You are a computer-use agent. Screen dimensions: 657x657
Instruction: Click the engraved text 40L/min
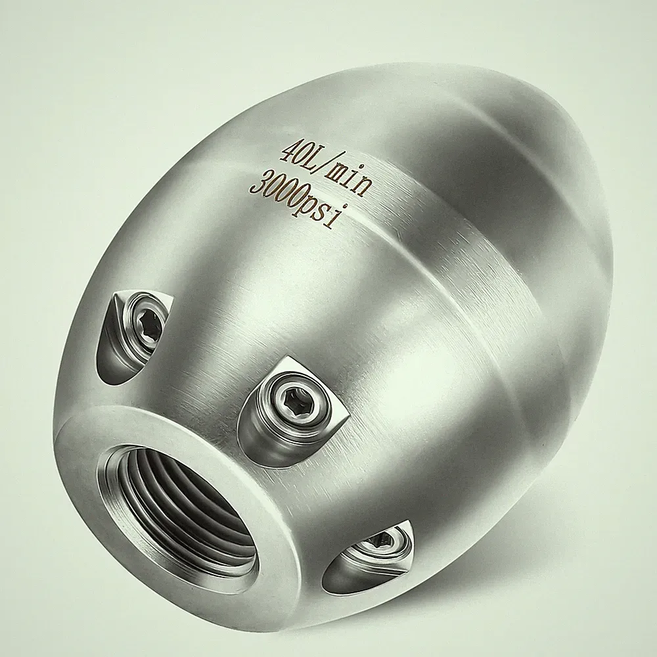coord(326,168)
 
